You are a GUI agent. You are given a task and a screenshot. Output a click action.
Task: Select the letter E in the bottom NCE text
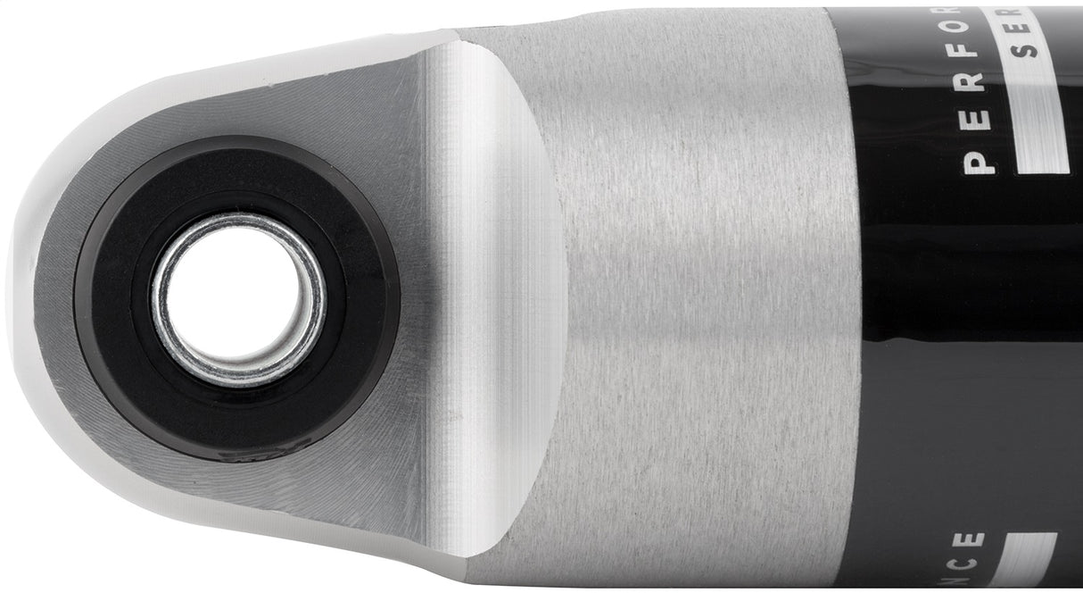point(979,540)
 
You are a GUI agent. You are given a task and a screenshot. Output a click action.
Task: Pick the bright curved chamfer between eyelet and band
point(500,295)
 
